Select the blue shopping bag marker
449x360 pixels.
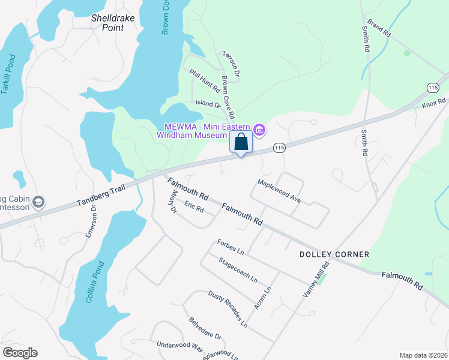[241, 142]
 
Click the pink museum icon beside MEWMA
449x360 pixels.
[259, 130]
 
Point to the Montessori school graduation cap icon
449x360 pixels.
[39, 201]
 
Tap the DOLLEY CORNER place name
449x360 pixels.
[334, 254]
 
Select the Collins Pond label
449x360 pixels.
[95, 282]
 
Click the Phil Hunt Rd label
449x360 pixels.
[205, 80]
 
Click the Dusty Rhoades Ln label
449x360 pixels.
[228, 309]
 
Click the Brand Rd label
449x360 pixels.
[379, 28]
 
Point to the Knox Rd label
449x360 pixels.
[433, 104]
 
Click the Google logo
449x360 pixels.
[20, 353]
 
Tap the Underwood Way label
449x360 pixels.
[180, 345]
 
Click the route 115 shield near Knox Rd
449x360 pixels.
[433, 88]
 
